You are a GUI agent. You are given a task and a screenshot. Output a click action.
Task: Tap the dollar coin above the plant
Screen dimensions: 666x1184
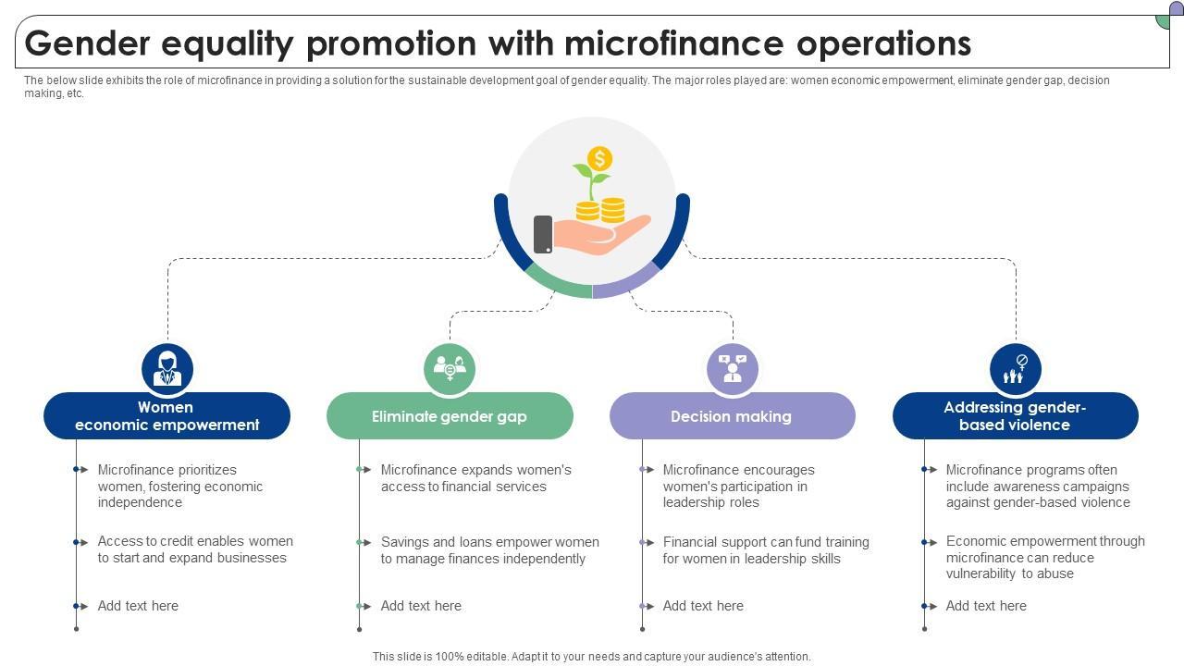(x=599, y=158)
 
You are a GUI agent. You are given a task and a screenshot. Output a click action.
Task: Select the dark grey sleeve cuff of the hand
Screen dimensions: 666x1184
(x=543, y=234)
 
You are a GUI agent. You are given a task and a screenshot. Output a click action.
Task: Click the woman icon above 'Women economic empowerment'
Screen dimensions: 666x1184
(x=167, y=369)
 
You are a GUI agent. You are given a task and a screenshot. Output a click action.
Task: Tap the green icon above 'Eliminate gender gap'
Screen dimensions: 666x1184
(x=450, y=369)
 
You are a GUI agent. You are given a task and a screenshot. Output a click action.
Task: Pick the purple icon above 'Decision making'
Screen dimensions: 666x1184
(x=733, y=369)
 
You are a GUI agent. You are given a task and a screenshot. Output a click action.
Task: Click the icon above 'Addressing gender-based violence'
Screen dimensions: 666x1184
(x=1015, y=369)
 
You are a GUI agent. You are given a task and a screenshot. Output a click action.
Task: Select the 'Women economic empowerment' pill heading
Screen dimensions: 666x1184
(x=166, y=416)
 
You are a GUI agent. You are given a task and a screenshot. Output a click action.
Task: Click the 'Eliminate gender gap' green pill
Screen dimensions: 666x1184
(x=450, y=416)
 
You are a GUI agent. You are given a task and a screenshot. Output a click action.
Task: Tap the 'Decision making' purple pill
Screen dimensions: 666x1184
(x=732, y=416)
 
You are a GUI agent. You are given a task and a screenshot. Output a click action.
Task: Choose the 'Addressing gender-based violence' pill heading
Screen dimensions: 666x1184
(x=1015, y=416)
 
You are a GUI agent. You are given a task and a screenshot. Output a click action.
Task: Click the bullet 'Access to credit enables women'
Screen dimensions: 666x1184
(x=194, y=549)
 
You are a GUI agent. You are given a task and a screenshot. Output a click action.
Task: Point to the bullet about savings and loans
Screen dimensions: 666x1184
(x=489, y=550)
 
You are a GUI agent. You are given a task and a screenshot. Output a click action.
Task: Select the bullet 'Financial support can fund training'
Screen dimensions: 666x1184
(x=765, y=550)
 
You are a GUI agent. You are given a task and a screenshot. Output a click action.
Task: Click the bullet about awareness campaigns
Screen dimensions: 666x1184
(x=1037, y=487)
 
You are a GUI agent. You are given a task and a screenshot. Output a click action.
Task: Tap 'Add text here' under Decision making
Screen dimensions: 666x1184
(x=703, y=606)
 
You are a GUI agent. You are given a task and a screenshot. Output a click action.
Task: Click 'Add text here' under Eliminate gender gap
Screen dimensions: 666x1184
(x=421, y=606)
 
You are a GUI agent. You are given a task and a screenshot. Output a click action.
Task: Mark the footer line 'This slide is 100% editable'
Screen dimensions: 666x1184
(x=591, y=657)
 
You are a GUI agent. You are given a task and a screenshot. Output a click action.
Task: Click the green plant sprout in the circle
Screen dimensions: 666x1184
(x=589, y=176)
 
